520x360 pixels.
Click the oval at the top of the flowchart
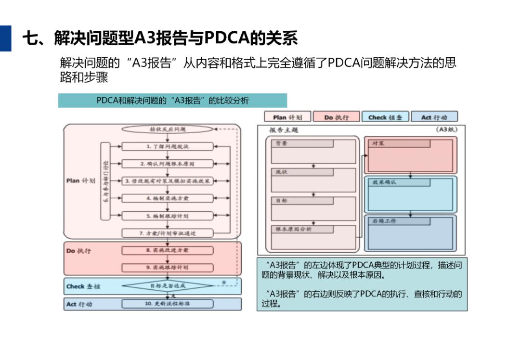pyautogui.click(x=167, y=129)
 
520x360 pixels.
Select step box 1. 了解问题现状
pyautogui.click(x=167, y=146)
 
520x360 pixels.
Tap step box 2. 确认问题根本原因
pyautogui.click(x=167, y=164)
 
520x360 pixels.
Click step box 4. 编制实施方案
pyautogui.click(x=167, y=198)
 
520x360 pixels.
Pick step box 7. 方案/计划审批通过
pyautogui.click(x=167, y=233)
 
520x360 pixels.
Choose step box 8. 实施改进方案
pyautogui.click(x=167, y=250)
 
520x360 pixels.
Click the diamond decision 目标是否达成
pyautogui.click(x=167, y=286)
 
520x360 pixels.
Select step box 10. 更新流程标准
pyautogui.click(x=167, y=304)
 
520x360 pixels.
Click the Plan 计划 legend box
pyautogui.click(x=287, y=117)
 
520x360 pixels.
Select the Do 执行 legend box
pyautogui.click(x=336, y=117)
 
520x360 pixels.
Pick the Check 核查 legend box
pyautogui.click(x=385, y=117)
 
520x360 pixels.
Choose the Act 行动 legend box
pyautogui.click(x=434, y=117)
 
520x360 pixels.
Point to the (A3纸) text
pyautogui.click(x=446, y=129)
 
